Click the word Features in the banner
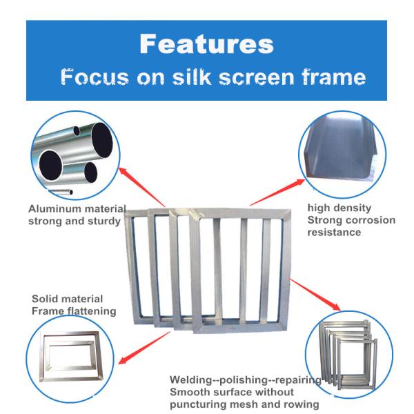[206, 44]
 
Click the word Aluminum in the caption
[55, 209]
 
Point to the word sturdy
[104, 221]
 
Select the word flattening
[91, 311]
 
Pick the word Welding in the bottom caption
[191, 380]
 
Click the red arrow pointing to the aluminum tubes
[142, 187]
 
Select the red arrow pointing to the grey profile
[277, 192]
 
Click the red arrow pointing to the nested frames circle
[144, 348]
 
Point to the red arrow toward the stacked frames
[315, 294]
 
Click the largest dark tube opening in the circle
[102, 140]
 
